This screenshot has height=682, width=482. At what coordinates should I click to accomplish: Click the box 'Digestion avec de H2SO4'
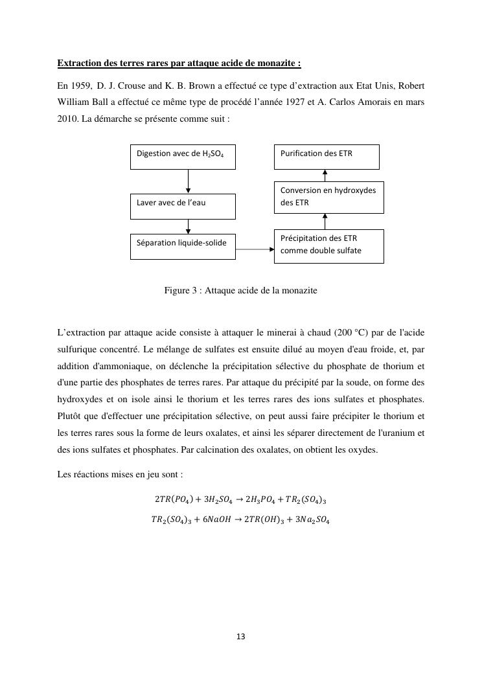point(183,157)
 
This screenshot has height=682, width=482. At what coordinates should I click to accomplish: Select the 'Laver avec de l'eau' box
point(183,206)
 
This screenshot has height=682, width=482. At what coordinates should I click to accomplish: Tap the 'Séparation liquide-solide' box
point(183,246)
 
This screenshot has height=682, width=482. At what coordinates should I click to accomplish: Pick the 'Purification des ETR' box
point(327,157)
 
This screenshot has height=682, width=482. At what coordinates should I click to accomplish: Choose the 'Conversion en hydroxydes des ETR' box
point(328,197)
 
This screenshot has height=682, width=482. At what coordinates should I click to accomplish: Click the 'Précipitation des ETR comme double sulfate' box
point(328,246)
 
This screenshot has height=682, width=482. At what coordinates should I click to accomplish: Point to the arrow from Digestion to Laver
point(189,181)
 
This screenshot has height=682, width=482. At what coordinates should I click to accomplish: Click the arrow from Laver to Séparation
point(189,226)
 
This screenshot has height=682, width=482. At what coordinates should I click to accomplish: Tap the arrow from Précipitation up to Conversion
point(325,221)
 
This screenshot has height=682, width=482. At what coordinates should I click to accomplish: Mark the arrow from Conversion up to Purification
point(325,176)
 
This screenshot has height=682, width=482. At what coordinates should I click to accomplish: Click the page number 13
point(241,637)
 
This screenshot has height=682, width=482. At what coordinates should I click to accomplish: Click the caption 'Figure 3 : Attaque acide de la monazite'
point(240,291)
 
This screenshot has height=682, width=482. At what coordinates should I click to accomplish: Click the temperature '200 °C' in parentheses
point(352,334)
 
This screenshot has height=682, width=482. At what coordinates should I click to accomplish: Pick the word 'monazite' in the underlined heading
point(279,63)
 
